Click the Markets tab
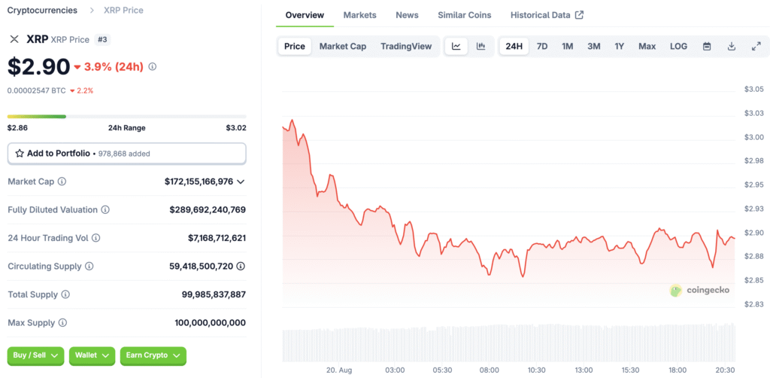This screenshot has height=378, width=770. pyautogui.click(x=359, y=15)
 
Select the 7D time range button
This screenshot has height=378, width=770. pyautogui.click(x=541, y=46)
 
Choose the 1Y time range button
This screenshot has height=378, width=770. pyautogui.click(x=619, y=46)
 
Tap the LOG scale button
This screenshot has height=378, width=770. pyautogui.click(x=678, y=46)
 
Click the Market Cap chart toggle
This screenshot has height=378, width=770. pyautogui.click(x=342, y=46)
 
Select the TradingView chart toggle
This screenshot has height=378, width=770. pyautogui.click(x=406, y=46)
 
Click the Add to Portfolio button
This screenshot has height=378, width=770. pyautogui.click(x=126, y=153)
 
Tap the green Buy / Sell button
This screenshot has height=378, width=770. pyautogui.click(x=35, y=355)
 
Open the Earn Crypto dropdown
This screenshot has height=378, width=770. pyautogui.click(x=153, y=355)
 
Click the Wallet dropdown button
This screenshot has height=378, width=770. pyautogui.click(x=92, y=355)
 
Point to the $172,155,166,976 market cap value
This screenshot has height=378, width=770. pyautogui.click(x=199, y=181)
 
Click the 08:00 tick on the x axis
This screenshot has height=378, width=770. pyautogui.click(x=490, y=370)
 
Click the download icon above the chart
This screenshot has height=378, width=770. pyautogui.click(x=732, y=46)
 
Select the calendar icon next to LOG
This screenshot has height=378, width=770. pyautogui.click(x=707, y=46)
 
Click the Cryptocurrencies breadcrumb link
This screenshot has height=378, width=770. pyautogui.click(x=42, y=11)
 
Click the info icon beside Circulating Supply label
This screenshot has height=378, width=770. pyautogui.click(x=89, y=267)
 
